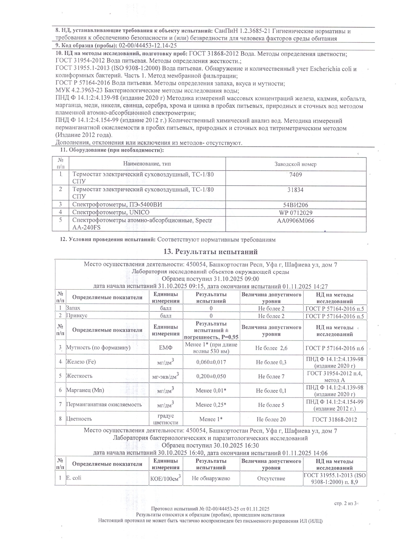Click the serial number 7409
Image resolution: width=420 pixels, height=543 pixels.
pyautogui.click(x=295, y=175)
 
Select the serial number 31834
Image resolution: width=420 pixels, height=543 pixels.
pyautogui.click(x=295, y=190)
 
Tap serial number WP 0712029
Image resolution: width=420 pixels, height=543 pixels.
pyautogui.click(x=295, y=213)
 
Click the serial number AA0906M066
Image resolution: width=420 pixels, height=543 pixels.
pyautogui.click(x=295, y=221)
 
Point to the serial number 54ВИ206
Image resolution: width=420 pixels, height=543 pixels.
pyautogui.click(x=295, y=205)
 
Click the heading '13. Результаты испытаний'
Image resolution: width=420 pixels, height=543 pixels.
pyautogui.click(x=210, y=252)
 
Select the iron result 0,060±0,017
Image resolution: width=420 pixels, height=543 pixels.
pyautogui.click(x=211, y=362)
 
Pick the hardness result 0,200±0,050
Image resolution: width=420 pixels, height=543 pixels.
pyautogui.click(x=211, y=376)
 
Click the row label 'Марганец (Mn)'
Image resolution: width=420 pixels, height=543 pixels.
pyautogui.click(x=85, y=390)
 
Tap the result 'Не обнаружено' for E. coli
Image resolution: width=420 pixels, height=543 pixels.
pyautogui.click(x=211, y=478)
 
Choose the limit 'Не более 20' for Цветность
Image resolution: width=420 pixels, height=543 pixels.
pyautogui.click(x=271, y=419)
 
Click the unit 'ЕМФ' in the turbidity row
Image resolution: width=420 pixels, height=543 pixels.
pyautogui.click(x=166, y=348)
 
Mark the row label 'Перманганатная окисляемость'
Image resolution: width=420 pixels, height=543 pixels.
pyautogui.click(x=104, y=404)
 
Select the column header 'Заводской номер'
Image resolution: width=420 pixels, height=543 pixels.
pyautogui.click(x=295, y=164)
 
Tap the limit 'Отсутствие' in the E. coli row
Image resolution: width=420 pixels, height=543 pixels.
pyautogui.click(x=271, y=478)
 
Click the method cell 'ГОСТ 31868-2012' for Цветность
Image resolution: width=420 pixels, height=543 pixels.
pyautogui.click(x=335, y=419)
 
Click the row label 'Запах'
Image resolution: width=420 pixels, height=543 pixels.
pyautogui.click(x=73, y=308)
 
